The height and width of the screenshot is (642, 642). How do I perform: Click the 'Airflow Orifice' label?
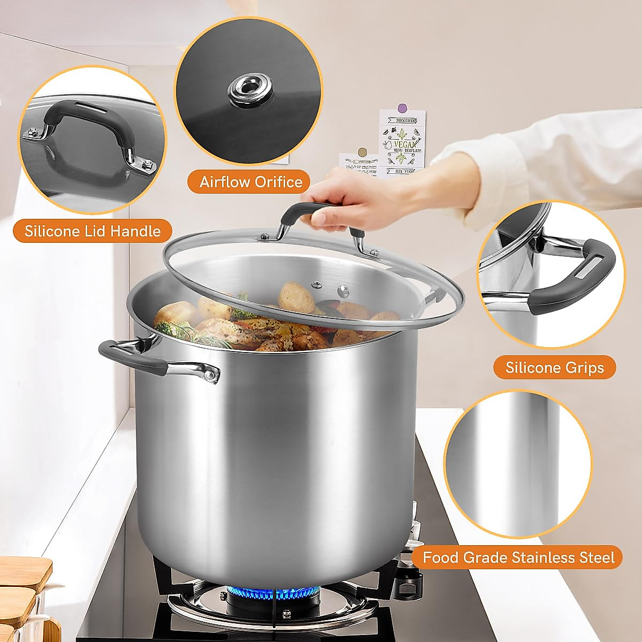[x=251, y=182]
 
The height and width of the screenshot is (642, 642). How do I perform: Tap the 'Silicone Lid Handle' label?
[x=93, y=231]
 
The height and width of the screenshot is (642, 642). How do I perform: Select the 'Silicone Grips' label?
[x=554, y=368]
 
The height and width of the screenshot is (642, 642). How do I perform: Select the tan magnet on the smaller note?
[x=363, y=152]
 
